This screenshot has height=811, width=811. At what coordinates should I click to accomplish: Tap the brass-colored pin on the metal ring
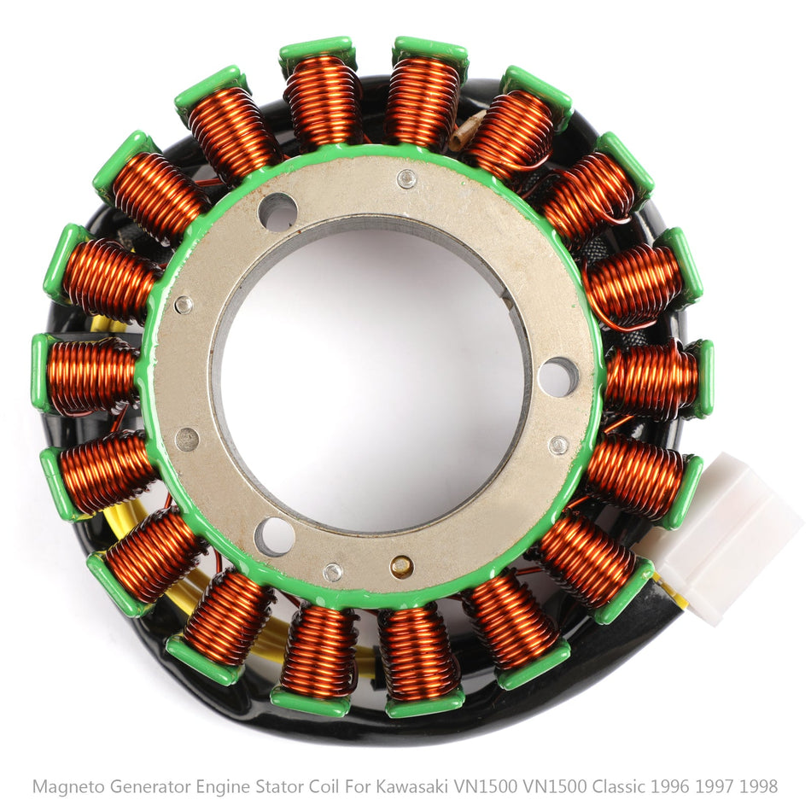[401, 566]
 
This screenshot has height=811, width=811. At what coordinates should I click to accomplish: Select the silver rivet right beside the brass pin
[333, 571]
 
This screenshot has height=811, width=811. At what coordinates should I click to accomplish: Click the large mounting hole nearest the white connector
[558, 376]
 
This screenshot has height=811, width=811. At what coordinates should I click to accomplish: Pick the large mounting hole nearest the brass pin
[274, 536]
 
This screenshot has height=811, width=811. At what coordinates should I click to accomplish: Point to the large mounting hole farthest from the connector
[277, 212]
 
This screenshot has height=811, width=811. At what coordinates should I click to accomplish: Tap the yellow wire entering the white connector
[671, 588]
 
